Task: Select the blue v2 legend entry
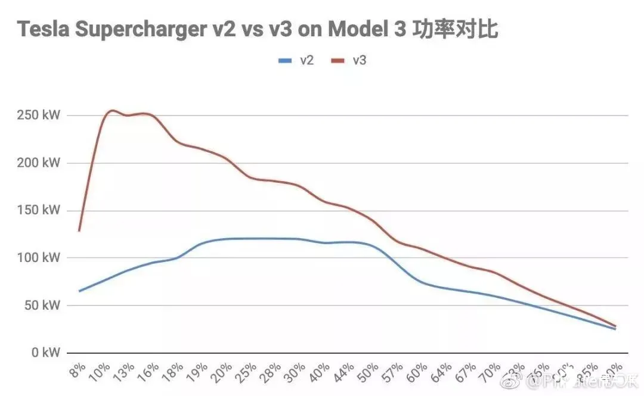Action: [296, 60]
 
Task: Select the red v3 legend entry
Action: [349, 60]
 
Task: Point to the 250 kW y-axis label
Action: [39, 115]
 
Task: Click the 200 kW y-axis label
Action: [39, 163]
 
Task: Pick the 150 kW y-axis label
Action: [39, 210]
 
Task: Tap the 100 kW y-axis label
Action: [39, 258]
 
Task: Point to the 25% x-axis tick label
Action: [248, 371]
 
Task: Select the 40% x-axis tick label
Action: [321, 371]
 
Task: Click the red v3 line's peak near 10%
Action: [112, 111]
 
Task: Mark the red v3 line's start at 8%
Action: [79, 230]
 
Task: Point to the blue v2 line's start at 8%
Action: [79, 291]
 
